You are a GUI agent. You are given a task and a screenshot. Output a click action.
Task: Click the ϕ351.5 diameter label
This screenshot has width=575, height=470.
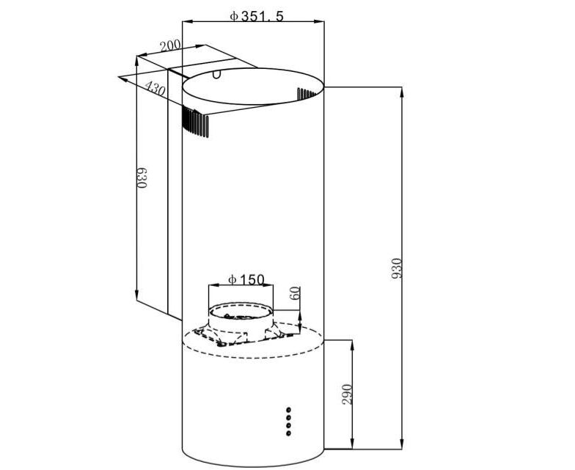point(257,16)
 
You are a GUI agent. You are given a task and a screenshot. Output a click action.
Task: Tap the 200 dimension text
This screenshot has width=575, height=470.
point(170,45)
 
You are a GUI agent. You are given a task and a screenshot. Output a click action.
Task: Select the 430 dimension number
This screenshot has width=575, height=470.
point(155,88)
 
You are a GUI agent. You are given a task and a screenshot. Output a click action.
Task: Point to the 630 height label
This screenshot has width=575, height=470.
point(142,177)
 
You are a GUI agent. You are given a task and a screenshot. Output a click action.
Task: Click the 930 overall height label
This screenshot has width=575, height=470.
point(397,268)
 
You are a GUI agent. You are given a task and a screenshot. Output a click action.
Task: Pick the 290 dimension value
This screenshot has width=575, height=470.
point(347,394)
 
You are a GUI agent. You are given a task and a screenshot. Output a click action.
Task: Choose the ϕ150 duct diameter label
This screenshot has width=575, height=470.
point(246,280)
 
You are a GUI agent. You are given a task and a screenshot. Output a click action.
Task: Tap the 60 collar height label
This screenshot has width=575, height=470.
point(295,293)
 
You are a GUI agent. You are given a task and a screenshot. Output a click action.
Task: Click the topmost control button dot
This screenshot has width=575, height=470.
point(289,410)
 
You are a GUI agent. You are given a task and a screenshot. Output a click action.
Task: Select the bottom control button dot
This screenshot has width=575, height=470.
point(289,433)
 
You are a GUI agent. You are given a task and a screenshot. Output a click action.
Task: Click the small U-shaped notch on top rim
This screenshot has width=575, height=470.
point(217,75)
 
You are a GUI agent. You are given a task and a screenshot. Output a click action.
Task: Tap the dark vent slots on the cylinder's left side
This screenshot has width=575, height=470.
point(195,122)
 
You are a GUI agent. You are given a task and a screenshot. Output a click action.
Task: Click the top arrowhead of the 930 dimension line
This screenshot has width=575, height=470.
point(402,92)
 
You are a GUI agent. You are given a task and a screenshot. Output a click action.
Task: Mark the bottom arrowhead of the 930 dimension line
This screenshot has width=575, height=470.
point(402,444)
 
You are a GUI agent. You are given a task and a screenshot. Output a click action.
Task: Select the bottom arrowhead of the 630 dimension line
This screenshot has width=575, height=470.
point(136,295)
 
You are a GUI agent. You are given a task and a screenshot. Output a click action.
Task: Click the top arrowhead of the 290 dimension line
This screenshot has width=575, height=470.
point(352,345)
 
